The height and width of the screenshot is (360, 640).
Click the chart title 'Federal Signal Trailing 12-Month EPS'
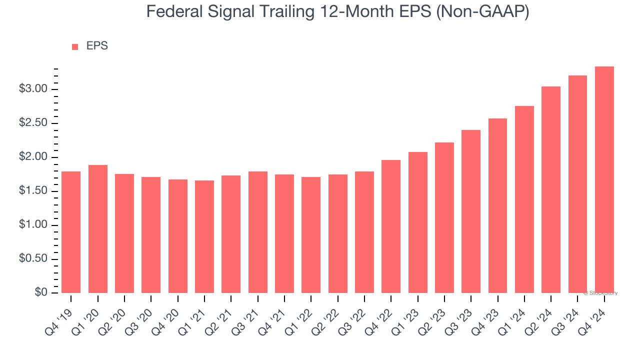click(337, 11)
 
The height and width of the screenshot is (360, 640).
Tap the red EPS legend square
click(75, 46)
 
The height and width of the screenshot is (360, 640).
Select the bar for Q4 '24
click(604, 180)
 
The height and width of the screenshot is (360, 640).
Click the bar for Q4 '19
click(71, 232)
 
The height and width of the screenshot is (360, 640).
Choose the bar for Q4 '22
click(391, 226)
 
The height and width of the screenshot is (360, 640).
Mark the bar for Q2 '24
click(551, 190)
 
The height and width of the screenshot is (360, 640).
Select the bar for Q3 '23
click(471, 211)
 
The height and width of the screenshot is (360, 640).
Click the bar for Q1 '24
click(524, 199)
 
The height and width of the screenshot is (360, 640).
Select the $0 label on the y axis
click(41, 292)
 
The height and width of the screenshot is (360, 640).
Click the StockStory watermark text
click(600, 293)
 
